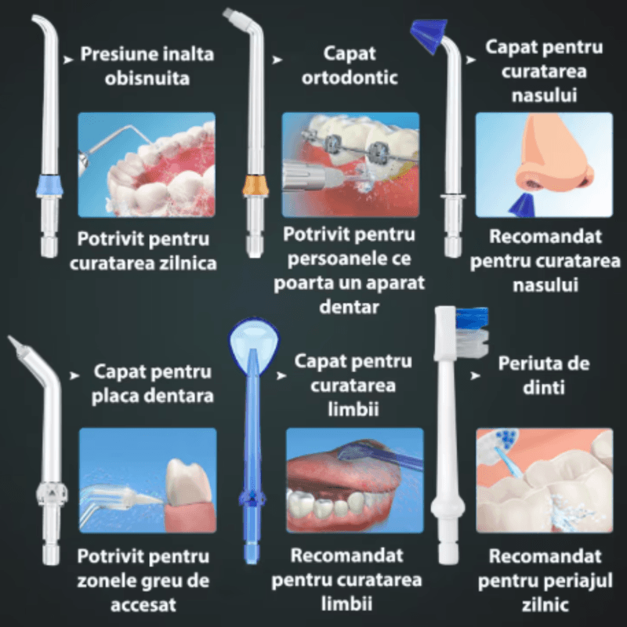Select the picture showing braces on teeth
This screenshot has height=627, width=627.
(x=350, y=164)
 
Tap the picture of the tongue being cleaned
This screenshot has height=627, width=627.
(x=354, y=479)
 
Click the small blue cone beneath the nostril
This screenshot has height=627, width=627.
(x=520, y=205)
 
